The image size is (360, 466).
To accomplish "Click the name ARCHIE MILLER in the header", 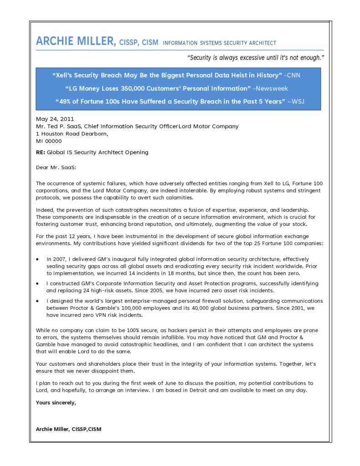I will click(x=76, y=42).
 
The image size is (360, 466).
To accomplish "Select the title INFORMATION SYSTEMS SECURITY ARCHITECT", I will click(x=219, y=43).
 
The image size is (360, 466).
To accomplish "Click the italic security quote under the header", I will click(x=256, y=58).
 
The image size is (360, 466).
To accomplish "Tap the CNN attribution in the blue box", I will click(x=293, y=75).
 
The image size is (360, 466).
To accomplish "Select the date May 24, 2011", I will click(x=51, y=119).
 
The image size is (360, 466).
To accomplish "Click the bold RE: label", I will click(x=41, y=152).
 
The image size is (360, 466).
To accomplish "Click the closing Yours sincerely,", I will click(x=56, y=402).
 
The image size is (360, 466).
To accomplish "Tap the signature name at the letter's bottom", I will click(x=68, y=429).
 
